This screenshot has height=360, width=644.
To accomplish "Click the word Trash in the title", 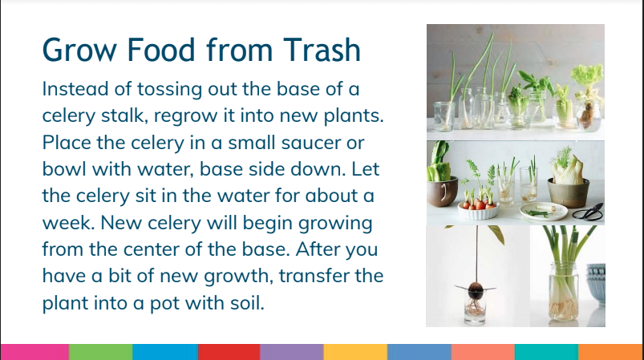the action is (322, 50).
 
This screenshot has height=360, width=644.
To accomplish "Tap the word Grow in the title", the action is (79, 50).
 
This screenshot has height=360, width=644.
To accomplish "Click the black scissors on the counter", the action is (589, 212).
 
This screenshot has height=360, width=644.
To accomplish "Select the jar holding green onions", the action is (563, 292).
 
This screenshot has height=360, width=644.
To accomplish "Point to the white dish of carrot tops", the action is (478, 211).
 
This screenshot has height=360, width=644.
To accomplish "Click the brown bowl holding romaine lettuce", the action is (442, 191).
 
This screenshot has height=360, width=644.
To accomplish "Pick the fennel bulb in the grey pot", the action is (567, 169).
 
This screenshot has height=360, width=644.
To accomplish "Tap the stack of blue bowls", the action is (596, 283).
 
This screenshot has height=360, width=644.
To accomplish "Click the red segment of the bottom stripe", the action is (229, 352).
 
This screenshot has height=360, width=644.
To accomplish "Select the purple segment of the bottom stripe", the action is (292, 352).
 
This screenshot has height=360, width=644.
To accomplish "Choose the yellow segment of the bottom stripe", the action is (355, 352).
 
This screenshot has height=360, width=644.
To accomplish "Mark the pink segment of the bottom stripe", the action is (34, 352).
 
